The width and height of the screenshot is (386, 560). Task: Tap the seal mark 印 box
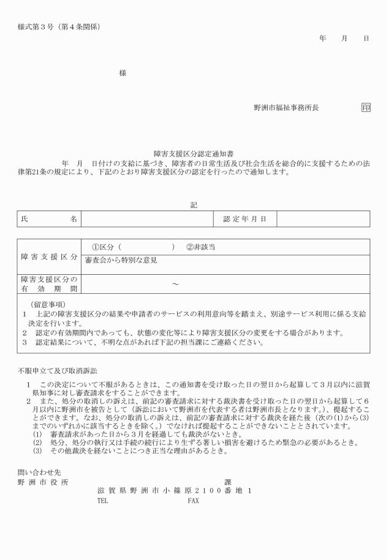click(x=366, y=107)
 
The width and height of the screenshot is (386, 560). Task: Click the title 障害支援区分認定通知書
click(x=194, y=155)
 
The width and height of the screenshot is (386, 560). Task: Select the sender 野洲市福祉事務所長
click(x=286, y=107)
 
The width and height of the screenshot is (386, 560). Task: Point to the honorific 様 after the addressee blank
click(x=123, y=73)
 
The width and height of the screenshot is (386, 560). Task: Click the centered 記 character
click(x=194, y=205)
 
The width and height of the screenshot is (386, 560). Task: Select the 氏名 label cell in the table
click(x=49, y=219)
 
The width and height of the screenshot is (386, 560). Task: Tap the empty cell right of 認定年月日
click(x=323, y=219)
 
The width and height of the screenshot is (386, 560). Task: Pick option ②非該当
click(x=200, y=247)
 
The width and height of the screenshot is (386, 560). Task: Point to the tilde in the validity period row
click(x=175, y=284)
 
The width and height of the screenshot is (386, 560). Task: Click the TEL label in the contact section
click(x=102, y=500)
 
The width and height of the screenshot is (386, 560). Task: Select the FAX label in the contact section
click(x=193, y=500)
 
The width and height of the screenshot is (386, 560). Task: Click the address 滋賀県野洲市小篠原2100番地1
click(x=174, y=491)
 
